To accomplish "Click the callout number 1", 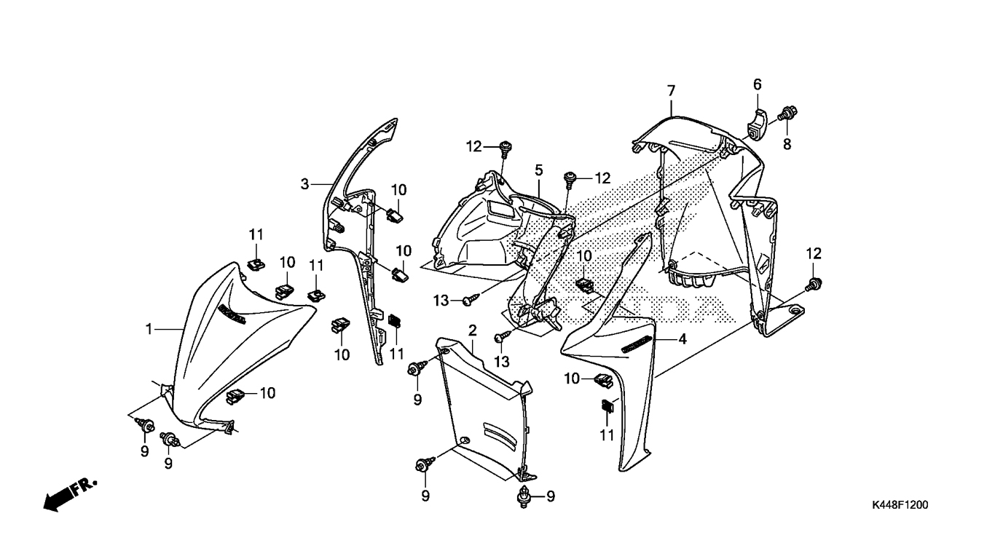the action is pyautogui.click(x=149, y=330).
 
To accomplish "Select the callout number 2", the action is pyautogui.click(x=473, y=330).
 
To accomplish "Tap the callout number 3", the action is pyautogui.click(x=304, y=184).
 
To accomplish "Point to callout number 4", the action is pyautogui.click(x=683, y=339).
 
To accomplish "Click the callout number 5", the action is pyautogui.click(x=539, y=170).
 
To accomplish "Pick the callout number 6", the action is pyautogui.click(x=758, y=84).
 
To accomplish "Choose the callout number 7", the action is pyautogui.click(x=671, y=91).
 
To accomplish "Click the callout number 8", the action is pyautogui.click(x=787, y=144).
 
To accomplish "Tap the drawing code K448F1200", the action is pyautogui.click(x=900, y=505).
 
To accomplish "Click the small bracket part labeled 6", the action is pyautogui.click(x=757, y=124).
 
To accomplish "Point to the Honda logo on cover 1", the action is pyautogui.click(x=232, y=314).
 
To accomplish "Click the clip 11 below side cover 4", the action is pyautogui.click(x=607, y=406).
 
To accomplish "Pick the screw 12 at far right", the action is pyautogui.click(x=814, y=284).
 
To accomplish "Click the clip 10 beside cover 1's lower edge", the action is pyautogui.click(x=235, y=396).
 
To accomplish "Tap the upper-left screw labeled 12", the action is pyautogui.click(x=506, y=148).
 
